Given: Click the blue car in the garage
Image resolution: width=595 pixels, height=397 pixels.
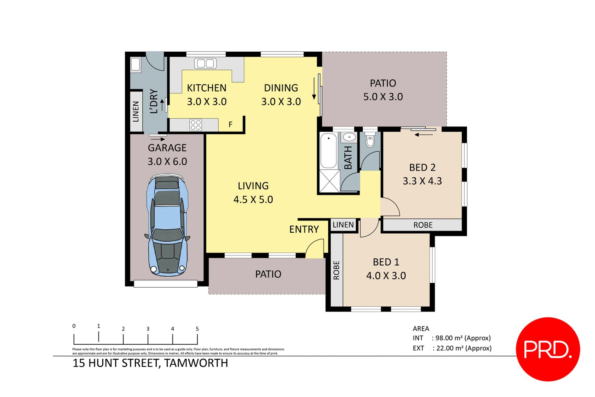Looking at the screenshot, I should click(x=167, y=227).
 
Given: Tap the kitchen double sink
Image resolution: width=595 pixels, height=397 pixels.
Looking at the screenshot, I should click(x=205, y=63).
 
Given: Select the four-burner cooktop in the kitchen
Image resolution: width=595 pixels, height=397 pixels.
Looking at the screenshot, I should click(x=196, y=125).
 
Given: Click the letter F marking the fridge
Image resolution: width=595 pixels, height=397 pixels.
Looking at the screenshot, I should click(x=231, y=125).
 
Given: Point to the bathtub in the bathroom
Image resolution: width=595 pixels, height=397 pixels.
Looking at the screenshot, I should click(x=328, y=151).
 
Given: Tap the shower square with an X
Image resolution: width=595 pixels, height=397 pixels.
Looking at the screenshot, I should click(x=329, y=181).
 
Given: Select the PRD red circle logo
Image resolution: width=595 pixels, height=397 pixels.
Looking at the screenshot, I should click(x=548, y=349).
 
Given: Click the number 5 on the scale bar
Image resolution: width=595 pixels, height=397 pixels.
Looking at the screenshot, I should click(x=197, y=329).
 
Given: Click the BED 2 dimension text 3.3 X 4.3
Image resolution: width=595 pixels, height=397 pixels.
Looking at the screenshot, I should click(x=422, y=181).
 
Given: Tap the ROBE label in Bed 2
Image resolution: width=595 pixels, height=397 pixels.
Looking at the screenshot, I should click(x=423, y=225).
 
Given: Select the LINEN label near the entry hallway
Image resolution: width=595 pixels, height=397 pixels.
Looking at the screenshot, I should click(x=343, y=225).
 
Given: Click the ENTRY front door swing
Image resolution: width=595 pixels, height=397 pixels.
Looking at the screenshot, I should click(x=315, y=248).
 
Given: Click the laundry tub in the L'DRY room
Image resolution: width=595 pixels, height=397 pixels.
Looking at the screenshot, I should click(x=135, y=64).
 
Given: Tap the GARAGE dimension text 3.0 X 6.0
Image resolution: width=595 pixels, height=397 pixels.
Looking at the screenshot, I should click(x=167, y=161).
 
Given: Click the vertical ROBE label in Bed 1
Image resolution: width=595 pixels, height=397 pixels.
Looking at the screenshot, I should click(x=336, y=270).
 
